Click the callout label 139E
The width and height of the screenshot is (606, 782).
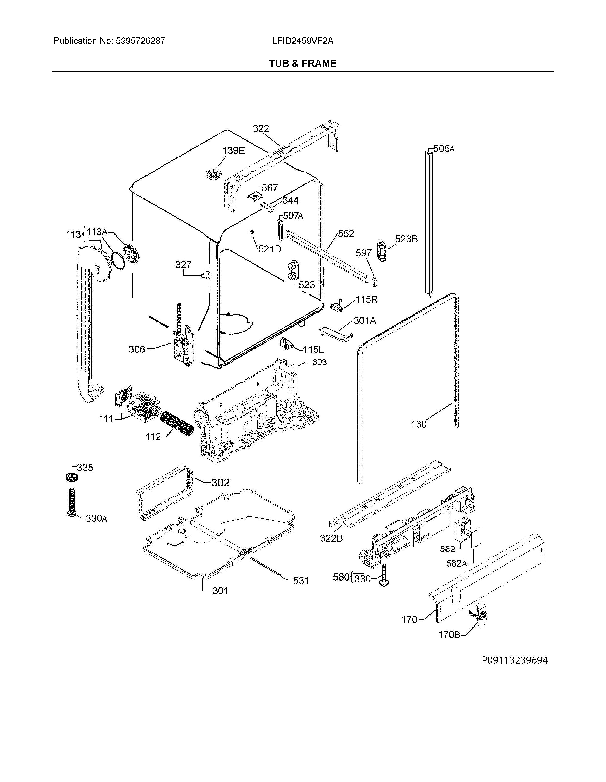[x=233, y=150]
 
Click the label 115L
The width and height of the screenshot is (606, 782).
[x=313, y=349]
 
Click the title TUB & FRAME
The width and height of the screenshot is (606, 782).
[x=303, y=64]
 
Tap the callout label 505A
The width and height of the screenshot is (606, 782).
[x=444, y=149]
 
